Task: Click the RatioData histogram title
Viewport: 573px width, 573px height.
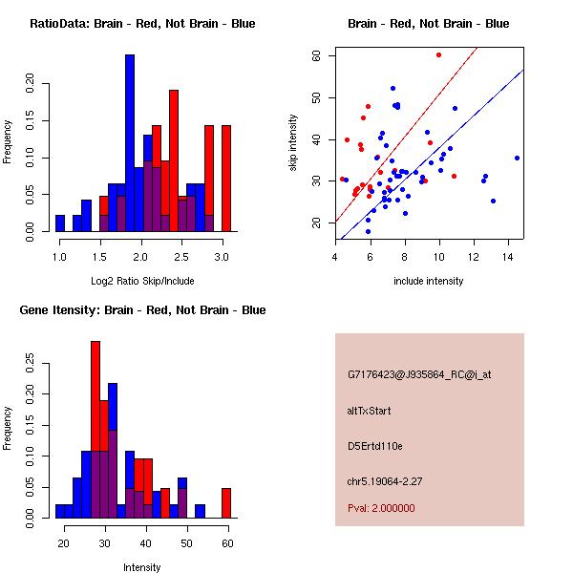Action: click(x=142, y=23)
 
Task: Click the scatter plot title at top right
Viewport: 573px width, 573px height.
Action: click(x=428, y=23)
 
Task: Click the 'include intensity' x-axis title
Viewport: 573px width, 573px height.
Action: click(x=428, y=281)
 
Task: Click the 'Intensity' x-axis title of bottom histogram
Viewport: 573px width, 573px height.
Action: click(x=141, y=567)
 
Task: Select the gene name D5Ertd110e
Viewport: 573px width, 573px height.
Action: click(x=375, y=445)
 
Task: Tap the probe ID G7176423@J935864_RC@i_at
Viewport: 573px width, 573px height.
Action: click(x=419, y=375)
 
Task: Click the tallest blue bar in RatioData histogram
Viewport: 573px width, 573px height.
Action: click(x=130, y=143)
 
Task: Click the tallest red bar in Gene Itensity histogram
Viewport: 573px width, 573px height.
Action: click(x=95, y=430)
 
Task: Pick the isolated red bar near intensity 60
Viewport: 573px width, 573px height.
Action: click(x=226, y=503)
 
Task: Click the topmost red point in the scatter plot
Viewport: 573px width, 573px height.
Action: click(x=438, y=55)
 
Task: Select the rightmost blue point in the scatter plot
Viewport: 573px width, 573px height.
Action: click(x=517, y=158)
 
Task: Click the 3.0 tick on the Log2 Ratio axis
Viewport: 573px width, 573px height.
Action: click(x=222, y=256)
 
